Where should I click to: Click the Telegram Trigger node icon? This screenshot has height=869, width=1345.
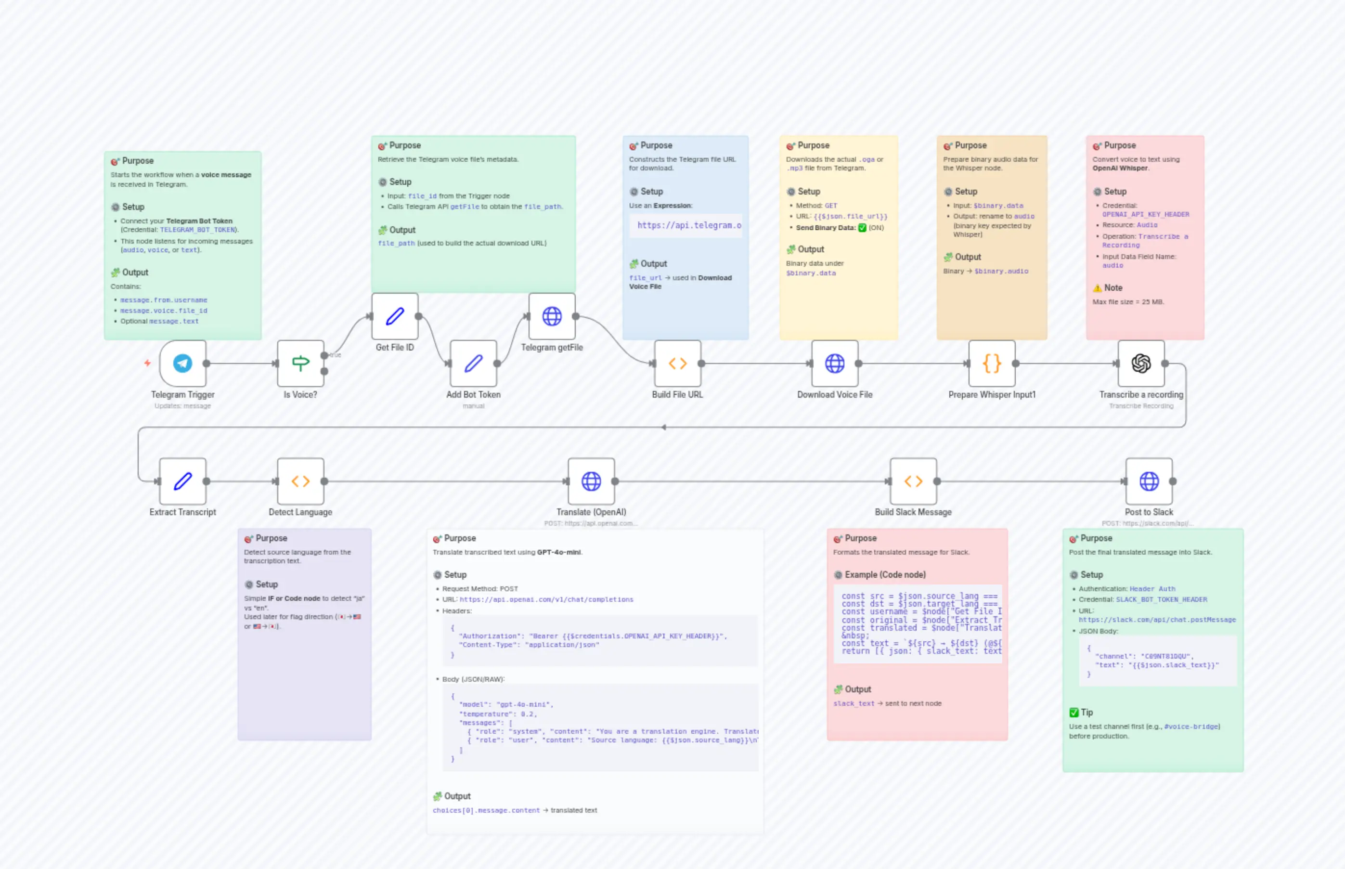click(x=182, y=363)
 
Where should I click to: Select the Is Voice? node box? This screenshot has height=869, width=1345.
click(x=300, y=363)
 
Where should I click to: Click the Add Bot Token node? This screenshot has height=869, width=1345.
click(x=473, y=363)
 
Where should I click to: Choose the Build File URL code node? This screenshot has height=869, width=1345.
click(x=678, y=363)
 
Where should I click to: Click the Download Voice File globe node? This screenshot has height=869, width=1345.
click(x=834, y=363)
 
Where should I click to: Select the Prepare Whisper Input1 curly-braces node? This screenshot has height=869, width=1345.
click(x=992, y=363)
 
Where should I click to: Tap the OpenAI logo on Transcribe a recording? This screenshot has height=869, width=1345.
click(x=1141, y=363)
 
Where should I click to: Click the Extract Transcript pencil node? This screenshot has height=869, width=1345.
click(x=182, y=481)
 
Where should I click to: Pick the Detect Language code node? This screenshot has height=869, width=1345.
click(x=300, y=481)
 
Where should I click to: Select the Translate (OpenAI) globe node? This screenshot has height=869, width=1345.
click(x=591, y=481)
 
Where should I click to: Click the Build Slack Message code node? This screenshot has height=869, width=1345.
click(x=913, y=481)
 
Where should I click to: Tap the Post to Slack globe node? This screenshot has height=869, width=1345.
click(x=1149, y=481)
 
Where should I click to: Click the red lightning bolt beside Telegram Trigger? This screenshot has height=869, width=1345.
click(x=147, y=363)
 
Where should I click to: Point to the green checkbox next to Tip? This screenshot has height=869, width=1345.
click(x=1073, y=713)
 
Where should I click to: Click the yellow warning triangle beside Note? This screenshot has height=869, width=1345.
click(x=1098, y=288)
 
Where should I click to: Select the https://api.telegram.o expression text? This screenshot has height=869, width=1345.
click(x=689, y=225)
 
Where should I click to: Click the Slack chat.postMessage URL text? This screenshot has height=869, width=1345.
click(x=1157, y=620)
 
